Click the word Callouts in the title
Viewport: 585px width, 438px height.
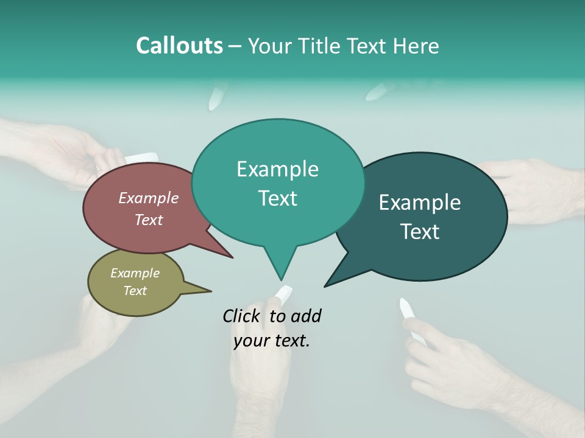pyautogui.click(x=179, y=46)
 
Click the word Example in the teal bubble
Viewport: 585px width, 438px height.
pyautogui.click(x=277, y=169)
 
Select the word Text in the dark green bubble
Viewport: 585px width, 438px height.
pyautogui.click(x=420, y=232)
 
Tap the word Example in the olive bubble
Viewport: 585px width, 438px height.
pyautogui.click(x=135, y=273)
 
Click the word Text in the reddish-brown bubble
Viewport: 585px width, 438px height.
pyautogui.click(x=148, y=220)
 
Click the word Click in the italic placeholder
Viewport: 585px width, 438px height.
pyautogui.click(x=243, y=316)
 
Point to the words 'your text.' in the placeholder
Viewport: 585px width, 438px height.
pyautogui.click(x=272, y=341)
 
